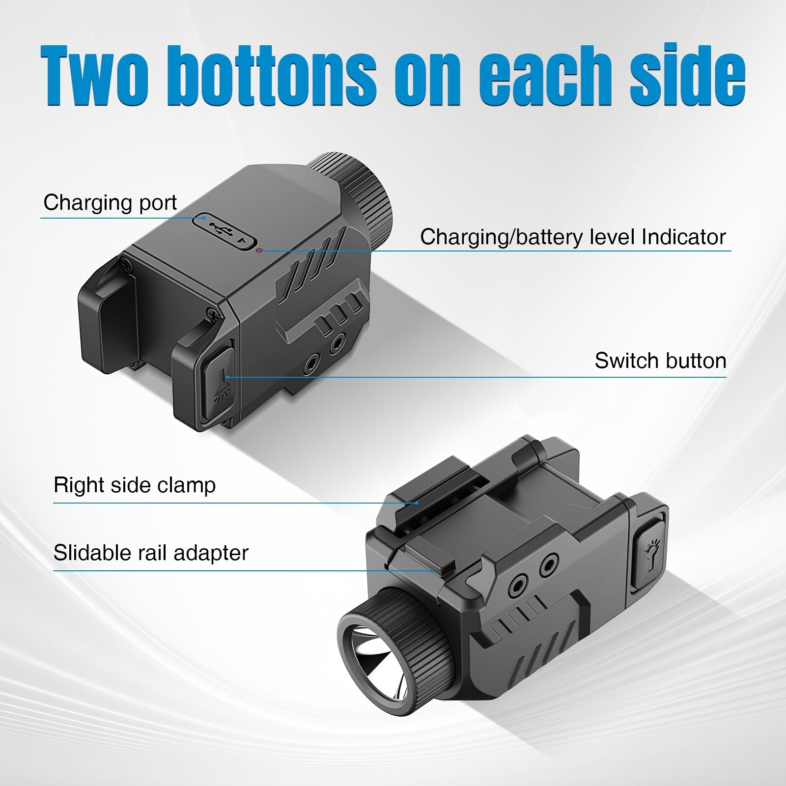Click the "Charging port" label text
click(x=110, y=202)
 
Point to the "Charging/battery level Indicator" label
click(x=573, y=237)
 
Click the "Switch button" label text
click(x=660, y=361)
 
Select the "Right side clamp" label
click(x=135, y=485)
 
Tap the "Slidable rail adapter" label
click(x=151, y=553)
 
